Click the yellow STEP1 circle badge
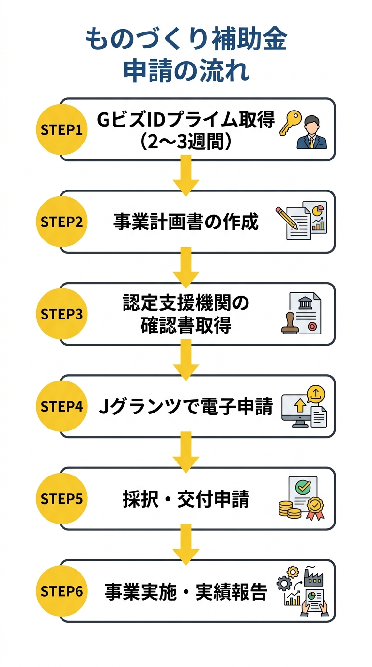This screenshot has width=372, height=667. tap(62, 129)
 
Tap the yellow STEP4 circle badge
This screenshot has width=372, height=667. tap(62, 406)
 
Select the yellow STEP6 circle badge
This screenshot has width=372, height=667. tap(62, 591)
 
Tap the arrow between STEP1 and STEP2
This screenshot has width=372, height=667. tap(186, 176)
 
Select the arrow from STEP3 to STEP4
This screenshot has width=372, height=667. tap(186, 361)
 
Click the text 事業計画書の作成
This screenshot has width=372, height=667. tap(186, 222)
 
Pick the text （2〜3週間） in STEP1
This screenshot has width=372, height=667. tap(186, 142)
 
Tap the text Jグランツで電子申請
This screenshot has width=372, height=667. tap(186, 407)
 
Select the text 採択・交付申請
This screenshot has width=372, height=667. tap(186, 499)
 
